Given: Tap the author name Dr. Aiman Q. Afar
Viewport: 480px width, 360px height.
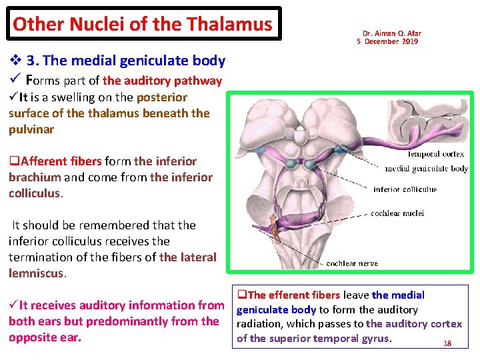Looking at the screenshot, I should [391, 33].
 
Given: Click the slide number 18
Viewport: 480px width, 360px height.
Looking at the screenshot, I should [447, 343].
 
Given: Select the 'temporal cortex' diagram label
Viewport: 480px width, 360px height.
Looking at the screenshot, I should [436, 154].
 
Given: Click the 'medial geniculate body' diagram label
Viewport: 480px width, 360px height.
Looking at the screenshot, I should [426, 169].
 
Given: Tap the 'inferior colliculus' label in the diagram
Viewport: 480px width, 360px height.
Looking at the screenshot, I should [405, 189].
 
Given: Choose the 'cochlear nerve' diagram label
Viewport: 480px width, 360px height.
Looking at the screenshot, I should [352, 264].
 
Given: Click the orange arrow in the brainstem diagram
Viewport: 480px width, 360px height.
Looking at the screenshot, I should [272, 227].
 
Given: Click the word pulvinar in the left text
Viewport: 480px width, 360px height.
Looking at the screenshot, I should [31, 129].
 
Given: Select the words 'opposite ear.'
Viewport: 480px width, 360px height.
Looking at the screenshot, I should [45, 337].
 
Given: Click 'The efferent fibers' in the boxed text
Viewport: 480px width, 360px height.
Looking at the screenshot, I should [294, 295].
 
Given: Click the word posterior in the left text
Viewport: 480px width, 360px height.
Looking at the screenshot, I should [162, 97].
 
